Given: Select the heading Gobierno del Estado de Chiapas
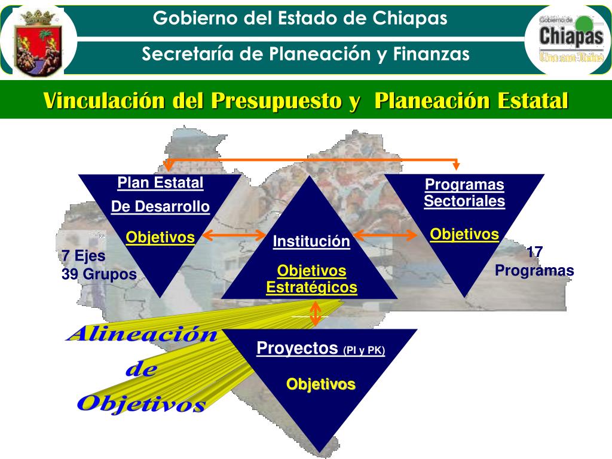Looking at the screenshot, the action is tap(300, 19).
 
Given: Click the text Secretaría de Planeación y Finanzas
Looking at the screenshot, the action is tap(305, 54).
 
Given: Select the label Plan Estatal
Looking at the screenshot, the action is tap(160, 182).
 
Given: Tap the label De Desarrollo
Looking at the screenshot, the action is tap(160, 207).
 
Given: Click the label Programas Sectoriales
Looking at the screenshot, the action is tap(464, 192).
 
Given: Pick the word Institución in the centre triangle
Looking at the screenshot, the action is tap(311, 241).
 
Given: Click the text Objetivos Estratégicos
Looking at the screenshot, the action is tap(311, 279).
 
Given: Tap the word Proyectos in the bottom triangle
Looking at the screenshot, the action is tap(297, 348).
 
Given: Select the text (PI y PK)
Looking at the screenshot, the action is tap(364, 350).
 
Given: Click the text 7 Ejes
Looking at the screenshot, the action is tap(84, 256).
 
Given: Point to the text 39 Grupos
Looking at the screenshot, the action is tap(99, 274).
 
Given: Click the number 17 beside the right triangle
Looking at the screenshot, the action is tap(535, 252).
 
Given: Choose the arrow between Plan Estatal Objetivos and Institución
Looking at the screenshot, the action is tap(230, 237).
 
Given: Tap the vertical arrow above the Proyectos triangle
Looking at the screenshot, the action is tap(316, 313).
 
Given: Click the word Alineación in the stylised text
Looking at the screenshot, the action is tap(142, 334).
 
